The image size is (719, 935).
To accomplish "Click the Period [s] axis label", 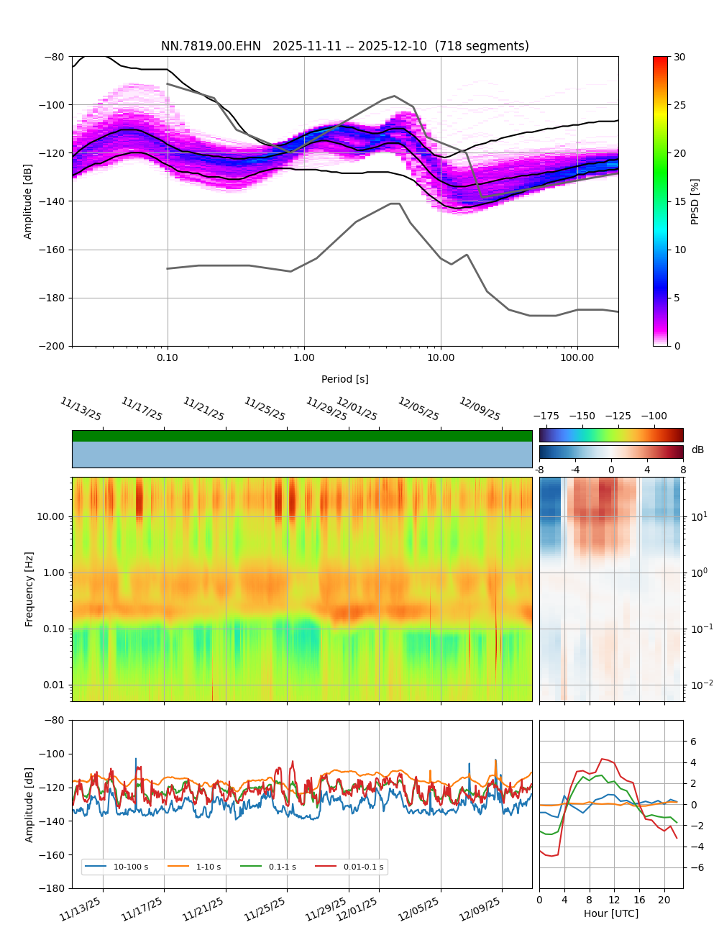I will coord(344,379).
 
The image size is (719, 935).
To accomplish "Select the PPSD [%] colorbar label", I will coord(695,201).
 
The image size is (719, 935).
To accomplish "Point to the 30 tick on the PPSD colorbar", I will coord(679,57).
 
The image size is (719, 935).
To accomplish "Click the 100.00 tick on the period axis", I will coord(577,357).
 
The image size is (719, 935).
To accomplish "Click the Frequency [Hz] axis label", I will coord(29,589).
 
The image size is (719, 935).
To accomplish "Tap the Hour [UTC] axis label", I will coord(610,913).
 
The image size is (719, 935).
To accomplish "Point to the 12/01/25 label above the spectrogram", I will coord(357,409).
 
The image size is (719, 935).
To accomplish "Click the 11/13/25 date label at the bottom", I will coord(81,908).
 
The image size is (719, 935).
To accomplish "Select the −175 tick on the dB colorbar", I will coord(546,416).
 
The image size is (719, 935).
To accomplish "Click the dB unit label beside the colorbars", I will coord(697,450).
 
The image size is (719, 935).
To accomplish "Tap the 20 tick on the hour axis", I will coord(664,900).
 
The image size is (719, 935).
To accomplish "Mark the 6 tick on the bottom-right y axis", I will coord(693,742).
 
